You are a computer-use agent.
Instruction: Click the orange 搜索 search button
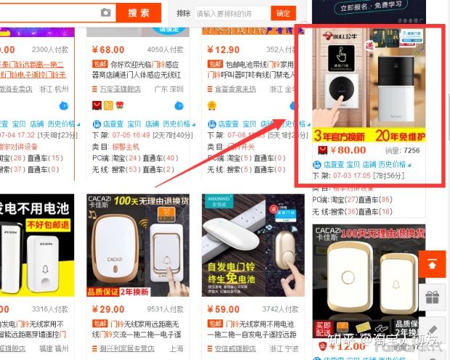click(138, 12)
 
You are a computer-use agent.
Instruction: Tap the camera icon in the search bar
click(106, 12)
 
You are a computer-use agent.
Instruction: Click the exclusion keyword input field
click(232, 13)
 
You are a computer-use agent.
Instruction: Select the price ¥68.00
click(109, 50)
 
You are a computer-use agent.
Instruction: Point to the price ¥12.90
click(223, 50)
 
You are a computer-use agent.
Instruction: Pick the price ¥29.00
click(108, 308)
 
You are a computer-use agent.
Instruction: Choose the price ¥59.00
click(223, 308)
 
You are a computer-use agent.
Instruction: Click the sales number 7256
click(411, 151)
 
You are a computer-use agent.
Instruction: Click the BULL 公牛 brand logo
click(331, 36)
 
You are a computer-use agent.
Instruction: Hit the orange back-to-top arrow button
click(433, 264)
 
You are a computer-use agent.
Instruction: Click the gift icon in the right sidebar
click(433, 298)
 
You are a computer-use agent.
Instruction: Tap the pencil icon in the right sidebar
click(433, 330)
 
